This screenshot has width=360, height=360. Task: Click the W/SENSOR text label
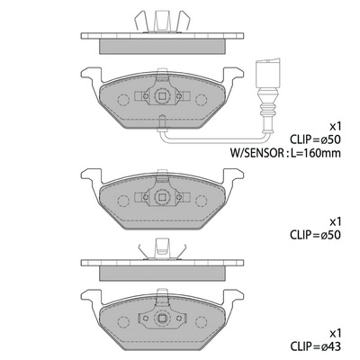coord(256,153)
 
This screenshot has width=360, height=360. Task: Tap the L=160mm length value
coord(314,153)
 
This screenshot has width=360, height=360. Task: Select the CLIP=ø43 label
coord(315,347)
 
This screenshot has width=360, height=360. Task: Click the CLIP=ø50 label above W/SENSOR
coord(315,139)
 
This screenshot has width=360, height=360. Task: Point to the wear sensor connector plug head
coord(268,73)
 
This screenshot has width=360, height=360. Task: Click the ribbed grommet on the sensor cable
coord(268,110)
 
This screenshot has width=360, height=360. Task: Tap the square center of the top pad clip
coord(162,96)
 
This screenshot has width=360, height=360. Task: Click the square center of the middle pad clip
coord(162,197)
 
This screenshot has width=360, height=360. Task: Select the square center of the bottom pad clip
coord(162,318)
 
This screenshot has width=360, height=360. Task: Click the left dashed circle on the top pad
coord(123,100)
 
